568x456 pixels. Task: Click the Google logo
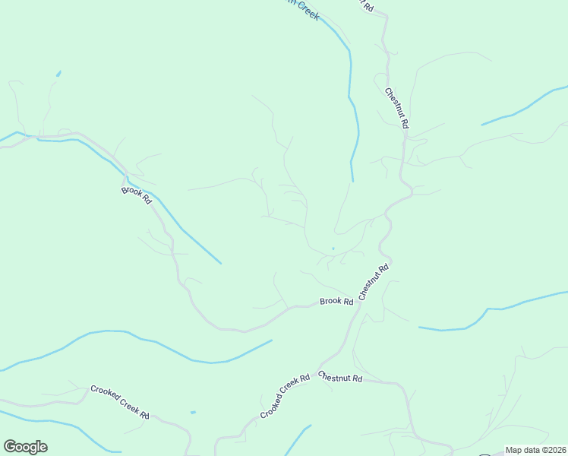(25, 447)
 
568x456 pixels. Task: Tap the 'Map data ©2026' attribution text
(535, 450)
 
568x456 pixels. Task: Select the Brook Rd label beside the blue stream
(137, 196)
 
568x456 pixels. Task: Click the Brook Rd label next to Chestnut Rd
(336, 302)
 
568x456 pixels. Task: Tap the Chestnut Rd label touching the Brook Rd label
(374, 281)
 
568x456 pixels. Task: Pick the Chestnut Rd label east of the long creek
(397, 108)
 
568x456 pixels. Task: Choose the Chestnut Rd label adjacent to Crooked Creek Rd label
(340, 377)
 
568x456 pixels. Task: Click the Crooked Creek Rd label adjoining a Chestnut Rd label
(285, 395)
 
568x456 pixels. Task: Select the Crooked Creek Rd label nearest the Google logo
(120, 402)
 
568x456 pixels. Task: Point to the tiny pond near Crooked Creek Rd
(194, 413)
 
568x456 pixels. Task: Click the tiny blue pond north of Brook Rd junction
(333, 248)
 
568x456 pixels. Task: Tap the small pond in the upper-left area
(58, 74)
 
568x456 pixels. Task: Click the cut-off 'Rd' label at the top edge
(368, 5)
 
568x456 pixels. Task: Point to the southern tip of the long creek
(353, 181)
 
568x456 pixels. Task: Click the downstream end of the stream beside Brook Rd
(220, 264)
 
